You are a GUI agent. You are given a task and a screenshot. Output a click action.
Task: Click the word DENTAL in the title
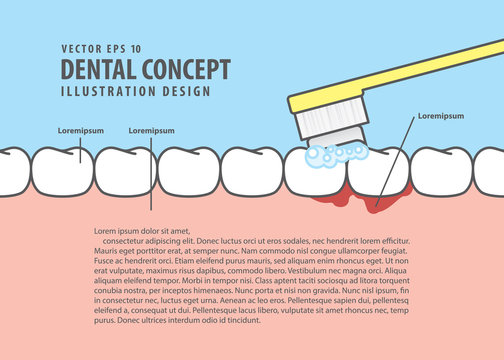pos(96,68)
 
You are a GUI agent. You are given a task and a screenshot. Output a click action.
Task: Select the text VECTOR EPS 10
pos(101,47)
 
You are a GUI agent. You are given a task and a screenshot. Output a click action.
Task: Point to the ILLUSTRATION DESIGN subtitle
pos(136,91)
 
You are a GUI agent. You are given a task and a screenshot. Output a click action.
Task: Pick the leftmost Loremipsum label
pos(62,130)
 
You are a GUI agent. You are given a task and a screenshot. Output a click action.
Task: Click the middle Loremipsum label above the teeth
pos(152,130)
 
